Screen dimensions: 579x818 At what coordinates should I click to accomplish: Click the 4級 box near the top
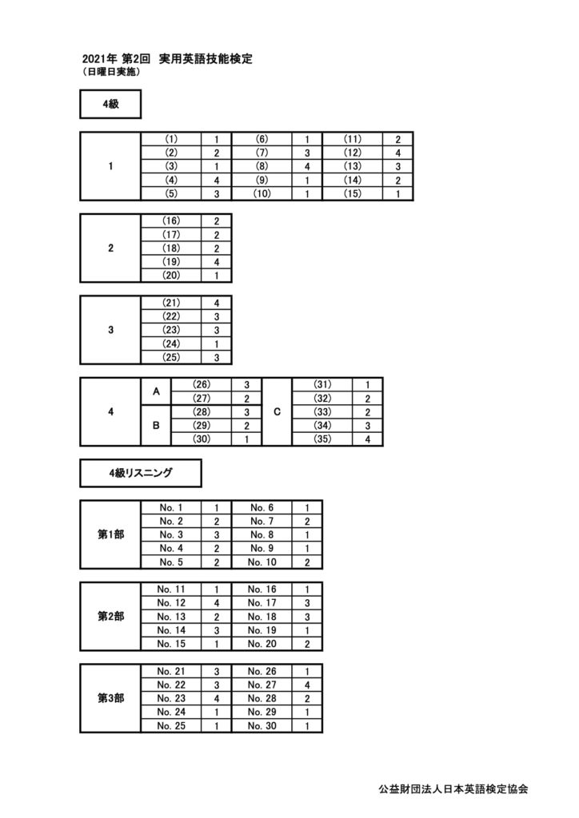110,104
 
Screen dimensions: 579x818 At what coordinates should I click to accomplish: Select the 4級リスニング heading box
141,473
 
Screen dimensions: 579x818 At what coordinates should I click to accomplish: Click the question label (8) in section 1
262,166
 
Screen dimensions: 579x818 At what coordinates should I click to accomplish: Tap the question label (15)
353,193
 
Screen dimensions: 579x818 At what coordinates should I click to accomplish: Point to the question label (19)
171,262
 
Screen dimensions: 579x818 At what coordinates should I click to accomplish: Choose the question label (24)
171,343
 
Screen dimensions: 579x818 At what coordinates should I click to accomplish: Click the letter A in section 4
156,391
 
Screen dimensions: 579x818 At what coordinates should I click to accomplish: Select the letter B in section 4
156,426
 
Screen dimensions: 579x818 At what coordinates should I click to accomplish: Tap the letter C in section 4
277,411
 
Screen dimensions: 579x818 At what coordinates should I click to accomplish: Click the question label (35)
322,439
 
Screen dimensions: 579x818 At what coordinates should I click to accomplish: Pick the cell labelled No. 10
262,562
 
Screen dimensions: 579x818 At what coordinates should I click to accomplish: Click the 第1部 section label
110,534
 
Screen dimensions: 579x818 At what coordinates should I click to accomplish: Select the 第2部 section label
110,617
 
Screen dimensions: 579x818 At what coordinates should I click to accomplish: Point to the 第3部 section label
110,698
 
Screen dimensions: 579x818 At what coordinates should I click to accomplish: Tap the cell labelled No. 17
262,603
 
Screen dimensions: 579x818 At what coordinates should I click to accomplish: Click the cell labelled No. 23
171,698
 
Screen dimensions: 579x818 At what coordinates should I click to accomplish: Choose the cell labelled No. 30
262,725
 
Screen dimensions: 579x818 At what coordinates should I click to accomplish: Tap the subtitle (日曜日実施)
110,73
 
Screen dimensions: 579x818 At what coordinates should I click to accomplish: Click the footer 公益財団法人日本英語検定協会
453,789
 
